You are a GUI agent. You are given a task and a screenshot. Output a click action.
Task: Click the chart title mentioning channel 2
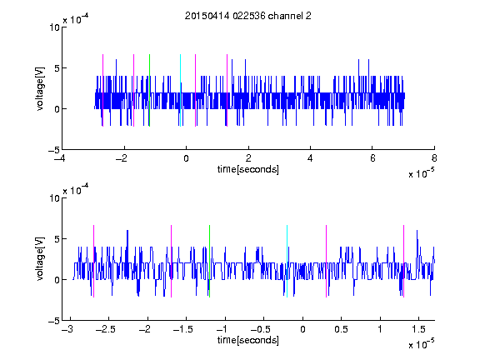pos(248,16)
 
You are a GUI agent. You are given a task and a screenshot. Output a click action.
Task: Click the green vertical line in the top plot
pos(149,90)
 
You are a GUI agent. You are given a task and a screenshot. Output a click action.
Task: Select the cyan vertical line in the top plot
pos(180,90)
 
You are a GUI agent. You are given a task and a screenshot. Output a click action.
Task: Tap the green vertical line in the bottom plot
pos(209,261)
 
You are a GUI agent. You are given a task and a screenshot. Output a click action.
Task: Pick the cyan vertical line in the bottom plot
pos(287,261)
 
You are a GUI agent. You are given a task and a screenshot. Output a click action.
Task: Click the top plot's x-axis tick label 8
pos(434,158)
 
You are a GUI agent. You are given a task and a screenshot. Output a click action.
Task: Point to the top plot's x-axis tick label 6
pos(372,158)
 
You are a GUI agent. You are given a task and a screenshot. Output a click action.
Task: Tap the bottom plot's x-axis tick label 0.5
pos(341,329)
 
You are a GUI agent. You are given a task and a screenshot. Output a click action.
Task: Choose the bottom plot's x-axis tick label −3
pos(67,329)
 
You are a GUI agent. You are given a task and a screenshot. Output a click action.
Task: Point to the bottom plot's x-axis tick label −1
pos(222,329)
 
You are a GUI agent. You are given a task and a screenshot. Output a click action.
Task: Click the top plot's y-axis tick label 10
pos(54,27)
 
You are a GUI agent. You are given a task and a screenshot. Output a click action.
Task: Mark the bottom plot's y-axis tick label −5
pos(54,321)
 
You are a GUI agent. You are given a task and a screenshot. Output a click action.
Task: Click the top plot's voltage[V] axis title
pos(40,88)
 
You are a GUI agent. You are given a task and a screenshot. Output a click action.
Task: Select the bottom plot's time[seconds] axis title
pos(248,340)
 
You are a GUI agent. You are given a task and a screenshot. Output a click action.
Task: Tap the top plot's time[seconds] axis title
pos(248,169)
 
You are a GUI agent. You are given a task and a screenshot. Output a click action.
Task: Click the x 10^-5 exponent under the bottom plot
pos(421,344)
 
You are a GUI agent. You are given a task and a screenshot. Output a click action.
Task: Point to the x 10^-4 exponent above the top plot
pos(76,18)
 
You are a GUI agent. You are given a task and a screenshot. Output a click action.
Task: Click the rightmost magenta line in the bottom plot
pos(403,261)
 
